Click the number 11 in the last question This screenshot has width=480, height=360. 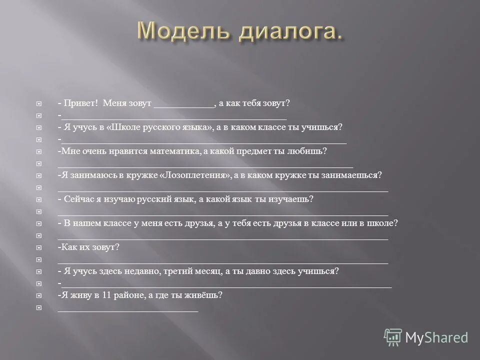[x=105, y=295]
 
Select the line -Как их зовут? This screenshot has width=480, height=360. [x=88, y=247]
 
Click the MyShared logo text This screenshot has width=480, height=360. [x=436, y=337]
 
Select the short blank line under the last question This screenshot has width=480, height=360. [x=128, y=311]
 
